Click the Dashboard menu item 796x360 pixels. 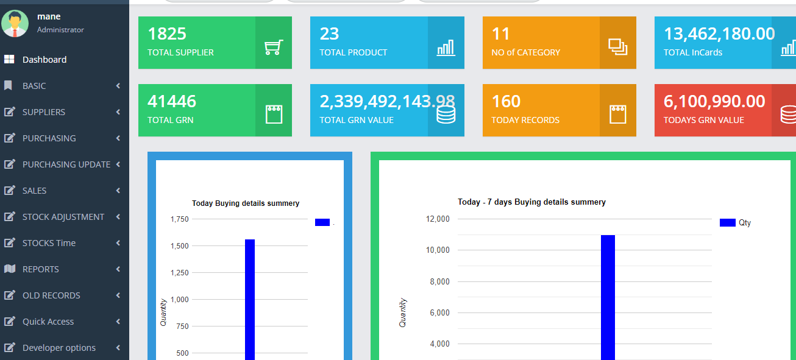pos(44,60)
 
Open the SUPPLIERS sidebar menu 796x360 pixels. pos(44,112)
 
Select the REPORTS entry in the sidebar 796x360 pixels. pos(41,269)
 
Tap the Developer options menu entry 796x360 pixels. pos(59,348)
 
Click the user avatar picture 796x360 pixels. pos(15,23)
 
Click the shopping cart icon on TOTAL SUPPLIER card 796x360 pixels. pos(274,48)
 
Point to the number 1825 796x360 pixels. pos(167,34)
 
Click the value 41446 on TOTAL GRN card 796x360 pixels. pos(172,101)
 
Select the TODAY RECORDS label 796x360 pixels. pos(525,120)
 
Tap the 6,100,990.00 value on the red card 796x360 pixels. pos(714,101)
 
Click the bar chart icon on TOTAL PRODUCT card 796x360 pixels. pos(446,48)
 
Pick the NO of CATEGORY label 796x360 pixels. pos(525,52)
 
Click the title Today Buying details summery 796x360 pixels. pos(246,203)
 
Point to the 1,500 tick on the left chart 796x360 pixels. pos(179,246)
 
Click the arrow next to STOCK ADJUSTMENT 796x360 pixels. pos(118,217)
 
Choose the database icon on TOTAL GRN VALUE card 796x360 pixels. pos(446,115)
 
